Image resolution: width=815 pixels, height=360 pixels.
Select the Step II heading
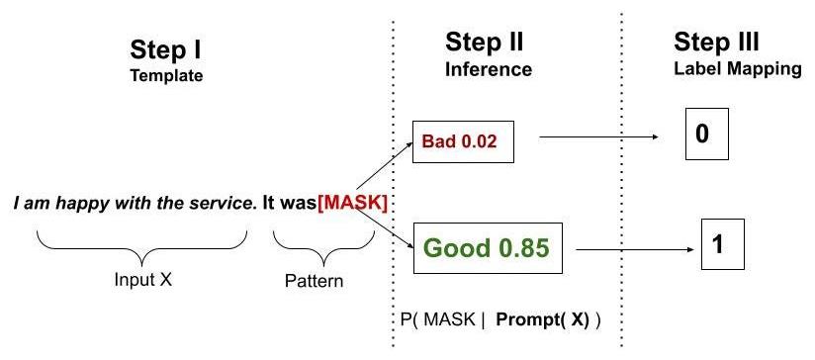pos(484,43)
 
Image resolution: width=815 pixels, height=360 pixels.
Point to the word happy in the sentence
pos(82,204)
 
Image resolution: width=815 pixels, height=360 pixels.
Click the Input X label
pos(142,280)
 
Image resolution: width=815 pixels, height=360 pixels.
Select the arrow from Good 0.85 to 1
pos(633,251)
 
